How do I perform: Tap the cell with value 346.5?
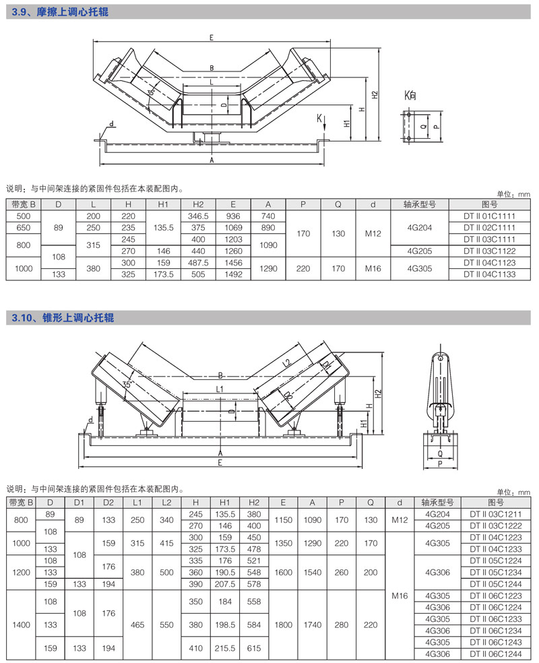coord(198,216)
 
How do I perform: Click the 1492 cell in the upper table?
coord(233,275)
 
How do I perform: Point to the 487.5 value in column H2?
coord(198,263)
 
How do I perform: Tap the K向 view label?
coord(410,96)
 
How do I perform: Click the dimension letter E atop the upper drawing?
coord(211,38)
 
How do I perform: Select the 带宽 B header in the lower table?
coord(22,502)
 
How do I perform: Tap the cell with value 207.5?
coord(224,583)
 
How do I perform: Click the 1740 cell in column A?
coord(312,625)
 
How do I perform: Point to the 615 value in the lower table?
coord(254,648)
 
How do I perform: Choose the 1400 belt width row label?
coord(22,625)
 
